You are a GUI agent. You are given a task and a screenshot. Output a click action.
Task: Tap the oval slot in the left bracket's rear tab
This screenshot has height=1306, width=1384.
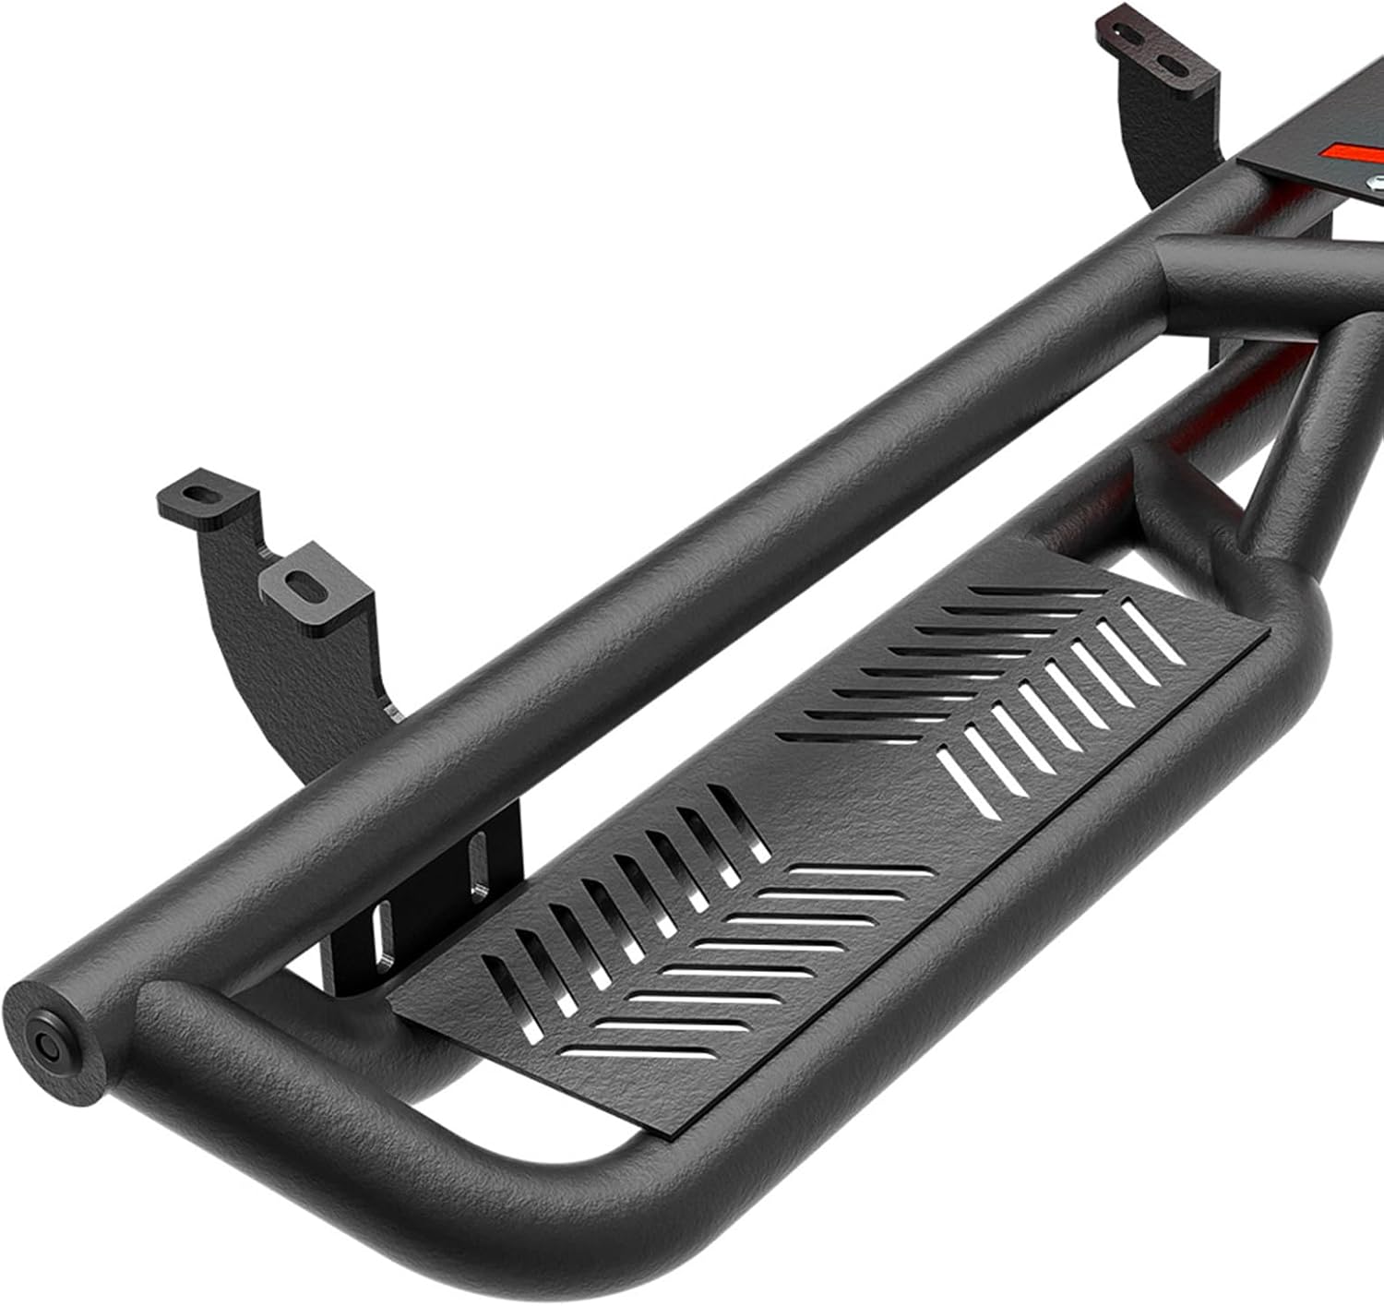[197, 495]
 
